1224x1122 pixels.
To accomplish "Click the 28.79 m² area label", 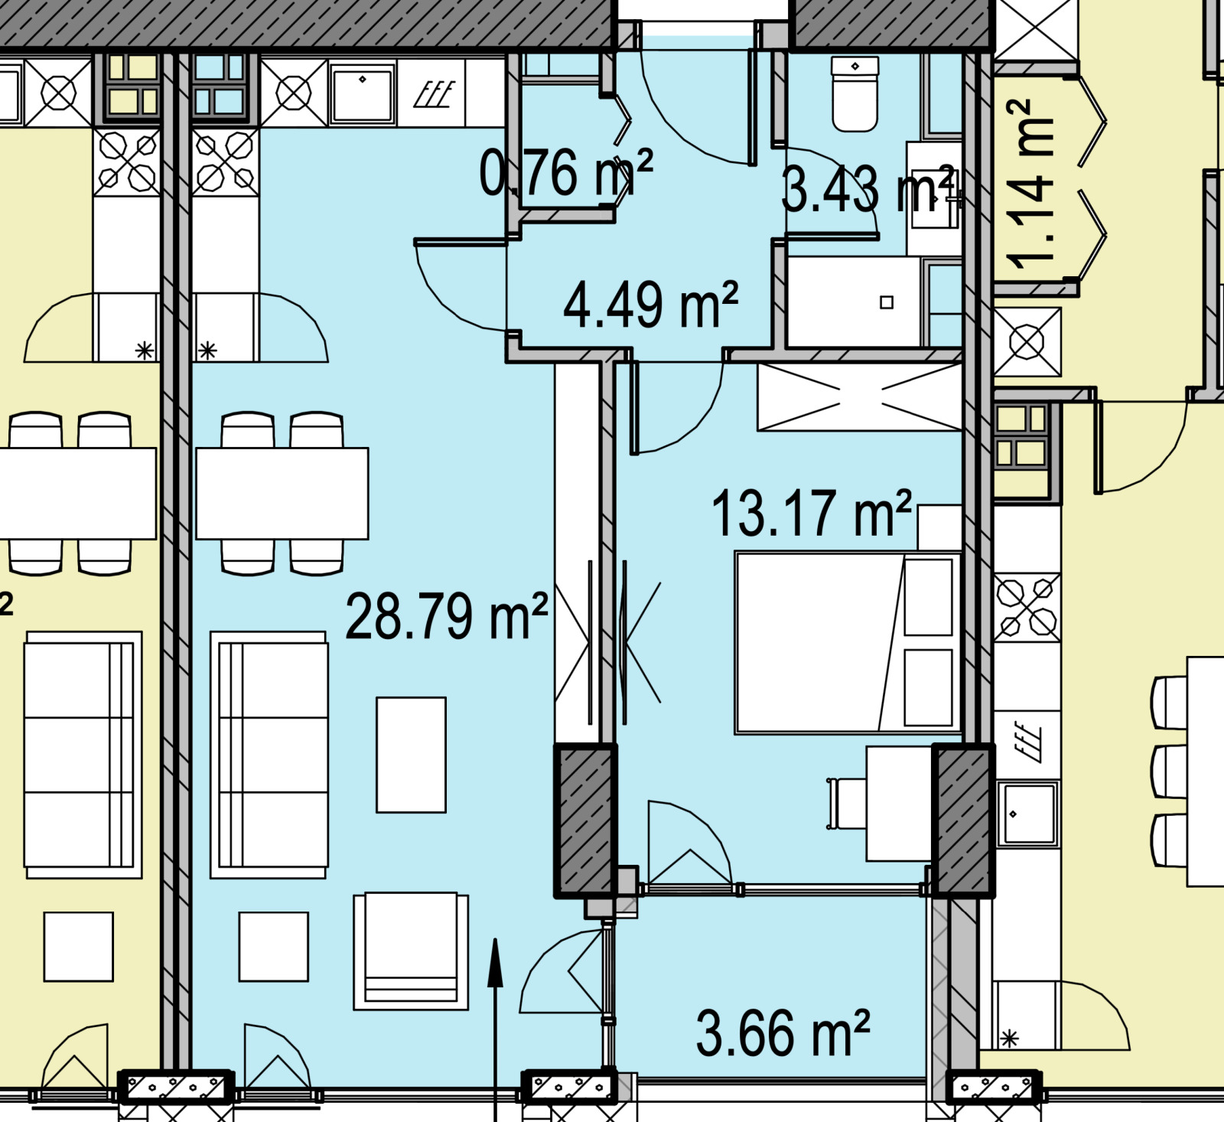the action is (447, 616).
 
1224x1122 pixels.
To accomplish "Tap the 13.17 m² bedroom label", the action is (812, 514).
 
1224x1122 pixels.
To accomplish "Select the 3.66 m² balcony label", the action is (783, 1033).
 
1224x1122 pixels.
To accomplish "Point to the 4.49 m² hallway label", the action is (651, 305).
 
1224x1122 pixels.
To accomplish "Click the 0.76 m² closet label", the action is (566, 173).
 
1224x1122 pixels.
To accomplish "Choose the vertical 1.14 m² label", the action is (1030, 184).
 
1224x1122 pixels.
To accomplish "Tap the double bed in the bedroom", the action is (848, 643).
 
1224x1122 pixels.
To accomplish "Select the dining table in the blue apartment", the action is (282, 494).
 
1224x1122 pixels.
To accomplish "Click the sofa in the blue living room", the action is (269, 755).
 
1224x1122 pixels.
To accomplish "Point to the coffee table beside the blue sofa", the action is (411, 755).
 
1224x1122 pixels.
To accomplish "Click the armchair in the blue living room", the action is (411, 951).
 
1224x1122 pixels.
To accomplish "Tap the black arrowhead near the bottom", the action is (495, 961).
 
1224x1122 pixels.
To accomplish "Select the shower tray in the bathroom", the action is (854, 302).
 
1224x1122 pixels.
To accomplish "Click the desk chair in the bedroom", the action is (846, 804).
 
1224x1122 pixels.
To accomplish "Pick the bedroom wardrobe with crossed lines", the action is (860, 396).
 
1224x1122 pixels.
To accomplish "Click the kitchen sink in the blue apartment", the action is (363, 93).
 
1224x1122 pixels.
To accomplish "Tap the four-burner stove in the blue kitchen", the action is (225, 162).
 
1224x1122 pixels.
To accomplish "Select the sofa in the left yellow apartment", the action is (83, 755).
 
